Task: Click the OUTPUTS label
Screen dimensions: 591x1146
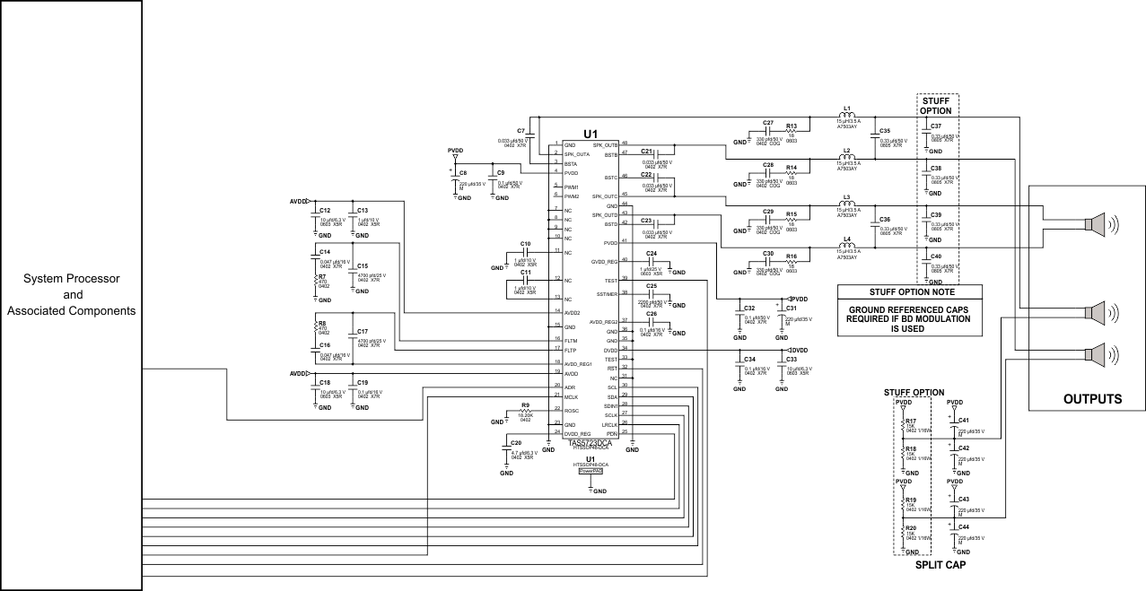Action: [x=1086, y=399]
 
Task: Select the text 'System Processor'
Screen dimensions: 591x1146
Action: [x=71, y=279]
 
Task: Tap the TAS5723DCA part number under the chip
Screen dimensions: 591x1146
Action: [x=590, y=442]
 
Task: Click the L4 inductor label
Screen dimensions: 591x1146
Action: [x=846, y=239]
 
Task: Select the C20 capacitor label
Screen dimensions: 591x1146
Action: [x=515, y=443]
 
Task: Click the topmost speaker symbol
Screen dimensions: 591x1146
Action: [x=1097, y=223]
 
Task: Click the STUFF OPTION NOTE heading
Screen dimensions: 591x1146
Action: [x=910, y=291]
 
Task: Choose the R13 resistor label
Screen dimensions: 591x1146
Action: [x=791, y=126]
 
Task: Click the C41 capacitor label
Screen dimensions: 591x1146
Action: [x=964, y=420]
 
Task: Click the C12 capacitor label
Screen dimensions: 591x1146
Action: [x=325, y=210]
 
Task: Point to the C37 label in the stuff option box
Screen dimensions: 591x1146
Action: [x=936, y=126]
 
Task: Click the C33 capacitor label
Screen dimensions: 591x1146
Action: [x=792, y=359]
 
